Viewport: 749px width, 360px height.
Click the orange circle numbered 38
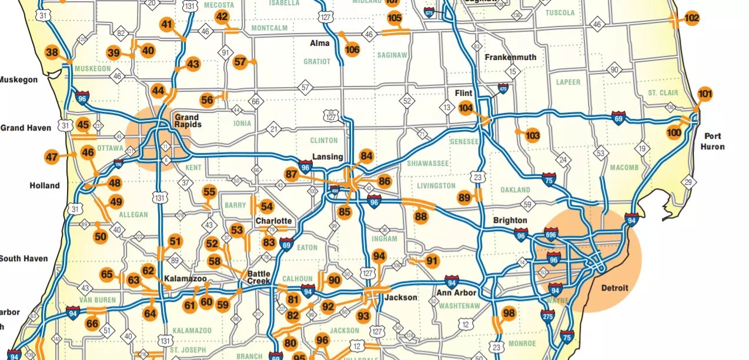coord(52,52)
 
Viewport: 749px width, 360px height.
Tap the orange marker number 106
coord(352,49)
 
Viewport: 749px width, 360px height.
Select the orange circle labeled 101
coord(705,94)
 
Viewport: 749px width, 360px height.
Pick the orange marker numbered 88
coord(420,216)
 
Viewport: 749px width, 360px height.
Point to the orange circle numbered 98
coord(509,313)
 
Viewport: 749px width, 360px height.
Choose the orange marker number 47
coord(52,157)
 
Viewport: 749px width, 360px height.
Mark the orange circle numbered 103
coord(532,136)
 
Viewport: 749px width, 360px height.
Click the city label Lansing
coord(327,156)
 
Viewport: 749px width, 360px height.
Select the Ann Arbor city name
coord(456,293)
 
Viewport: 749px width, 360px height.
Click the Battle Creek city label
coord(259,277)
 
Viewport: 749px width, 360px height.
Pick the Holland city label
coord(45,185)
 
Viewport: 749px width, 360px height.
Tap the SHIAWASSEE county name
coord(428,163)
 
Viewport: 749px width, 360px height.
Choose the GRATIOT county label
coord(317,61)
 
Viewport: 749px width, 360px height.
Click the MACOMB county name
coord(624,168)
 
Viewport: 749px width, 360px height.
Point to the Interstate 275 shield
coord(547,315)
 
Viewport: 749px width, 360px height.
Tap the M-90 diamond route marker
coord(614,70)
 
